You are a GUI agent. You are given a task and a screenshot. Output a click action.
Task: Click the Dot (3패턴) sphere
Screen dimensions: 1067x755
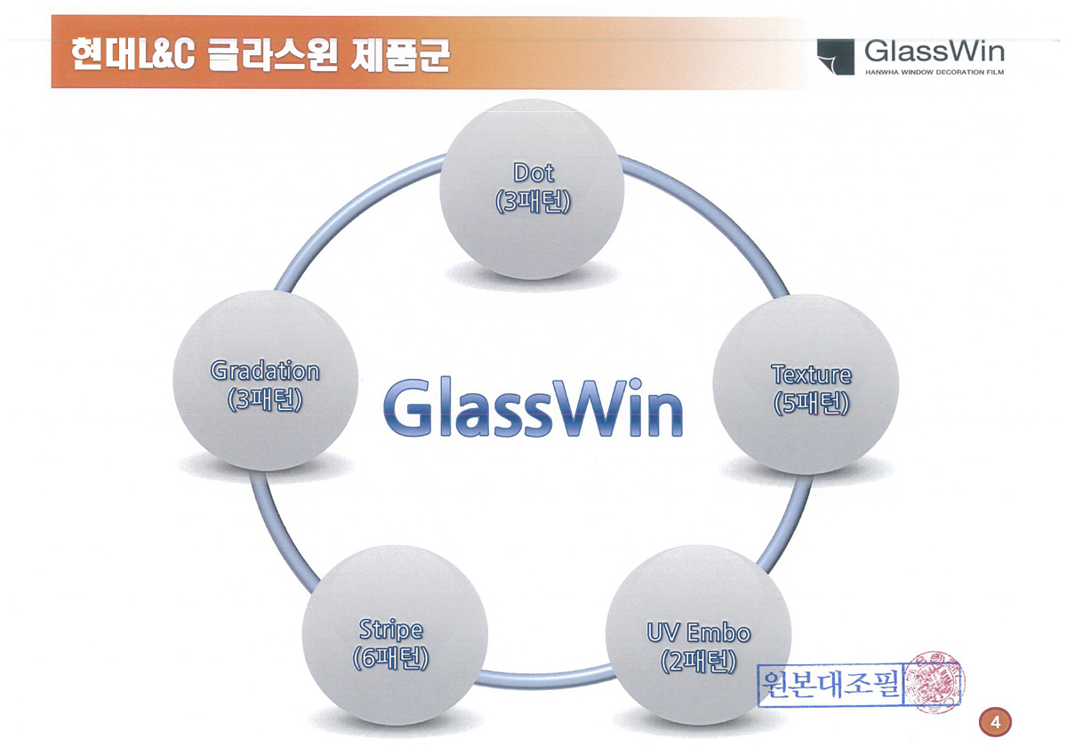coord(532,189)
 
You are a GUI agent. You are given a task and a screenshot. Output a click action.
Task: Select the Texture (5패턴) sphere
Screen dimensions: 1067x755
coord(806,384)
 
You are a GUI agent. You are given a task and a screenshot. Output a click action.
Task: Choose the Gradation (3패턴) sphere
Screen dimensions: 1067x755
coord(265,382)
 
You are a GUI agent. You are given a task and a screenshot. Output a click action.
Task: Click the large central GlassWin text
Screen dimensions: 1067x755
coord(533,408)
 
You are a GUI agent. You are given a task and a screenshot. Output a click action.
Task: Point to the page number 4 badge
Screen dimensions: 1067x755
coord(995,723)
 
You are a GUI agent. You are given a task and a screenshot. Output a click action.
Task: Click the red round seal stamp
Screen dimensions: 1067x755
coord(933,682)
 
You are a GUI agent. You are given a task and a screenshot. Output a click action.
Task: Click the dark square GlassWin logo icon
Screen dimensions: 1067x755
coord(836,57)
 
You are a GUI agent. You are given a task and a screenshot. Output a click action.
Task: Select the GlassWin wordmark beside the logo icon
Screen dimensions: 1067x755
coord(935,51)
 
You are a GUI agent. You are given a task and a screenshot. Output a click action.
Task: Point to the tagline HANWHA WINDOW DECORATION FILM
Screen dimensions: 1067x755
coord(935,72)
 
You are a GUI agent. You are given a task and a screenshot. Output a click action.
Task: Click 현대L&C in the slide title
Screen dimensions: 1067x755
coord(133,55)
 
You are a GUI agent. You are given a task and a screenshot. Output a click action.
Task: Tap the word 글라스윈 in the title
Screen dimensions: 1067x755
coord(273,55)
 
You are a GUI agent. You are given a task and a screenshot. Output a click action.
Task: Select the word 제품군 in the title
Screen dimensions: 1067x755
coord(400,55)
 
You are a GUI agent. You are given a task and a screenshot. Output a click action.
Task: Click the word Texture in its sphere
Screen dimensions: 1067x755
coord(811,374)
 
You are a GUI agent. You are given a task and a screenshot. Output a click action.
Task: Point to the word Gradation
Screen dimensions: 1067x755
coord(265,371)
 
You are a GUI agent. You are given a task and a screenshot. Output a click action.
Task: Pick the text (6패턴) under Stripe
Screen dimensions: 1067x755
coord(390,658)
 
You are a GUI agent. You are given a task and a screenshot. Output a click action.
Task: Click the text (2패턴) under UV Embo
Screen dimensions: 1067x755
coord(698,662)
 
